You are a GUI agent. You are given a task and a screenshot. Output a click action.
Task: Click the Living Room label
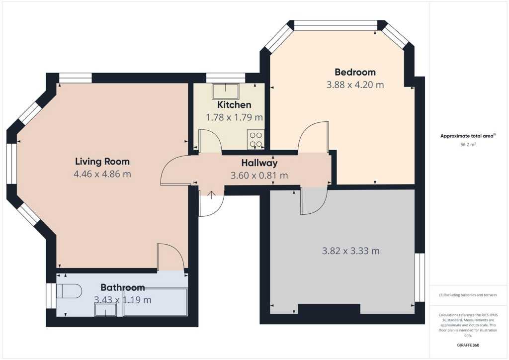(102, 162)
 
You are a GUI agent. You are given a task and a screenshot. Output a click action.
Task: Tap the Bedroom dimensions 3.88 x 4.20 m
(355, 85)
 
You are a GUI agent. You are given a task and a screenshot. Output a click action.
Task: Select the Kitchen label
(234, 105)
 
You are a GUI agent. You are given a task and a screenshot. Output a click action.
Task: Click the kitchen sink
(225, 91)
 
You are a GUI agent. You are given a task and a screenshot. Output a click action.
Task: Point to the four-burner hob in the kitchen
(255, 139)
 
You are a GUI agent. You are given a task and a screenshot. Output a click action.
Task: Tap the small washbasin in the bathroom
(105, 310)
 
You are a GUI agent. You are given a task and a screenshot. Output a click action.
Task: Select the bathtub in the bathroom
(155, 302)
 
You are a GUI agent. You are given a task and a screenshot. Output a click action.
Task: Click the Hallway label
(259, 163)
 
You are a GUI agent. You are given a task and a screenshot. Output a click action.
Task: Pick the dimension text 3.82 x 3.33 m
(350, 251)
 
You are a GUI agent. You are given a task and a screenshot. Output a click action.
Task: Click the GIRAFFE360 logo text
(469, 345)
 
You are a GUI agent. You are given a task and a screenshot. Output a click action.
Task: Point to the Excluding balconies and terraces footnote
(468, 295)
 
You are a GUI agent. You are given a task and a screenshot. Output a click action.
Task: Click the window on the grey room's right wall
(420, 277)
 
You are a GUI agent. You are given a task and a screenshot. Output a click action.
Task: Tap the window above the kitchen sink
(225, 78)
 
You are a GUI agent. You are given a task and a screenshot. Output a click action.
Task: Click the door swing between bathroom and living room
(170, 257)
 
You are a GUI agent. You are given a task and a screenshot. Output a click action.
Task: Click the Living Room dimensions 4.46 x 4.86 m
(102, 174)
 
